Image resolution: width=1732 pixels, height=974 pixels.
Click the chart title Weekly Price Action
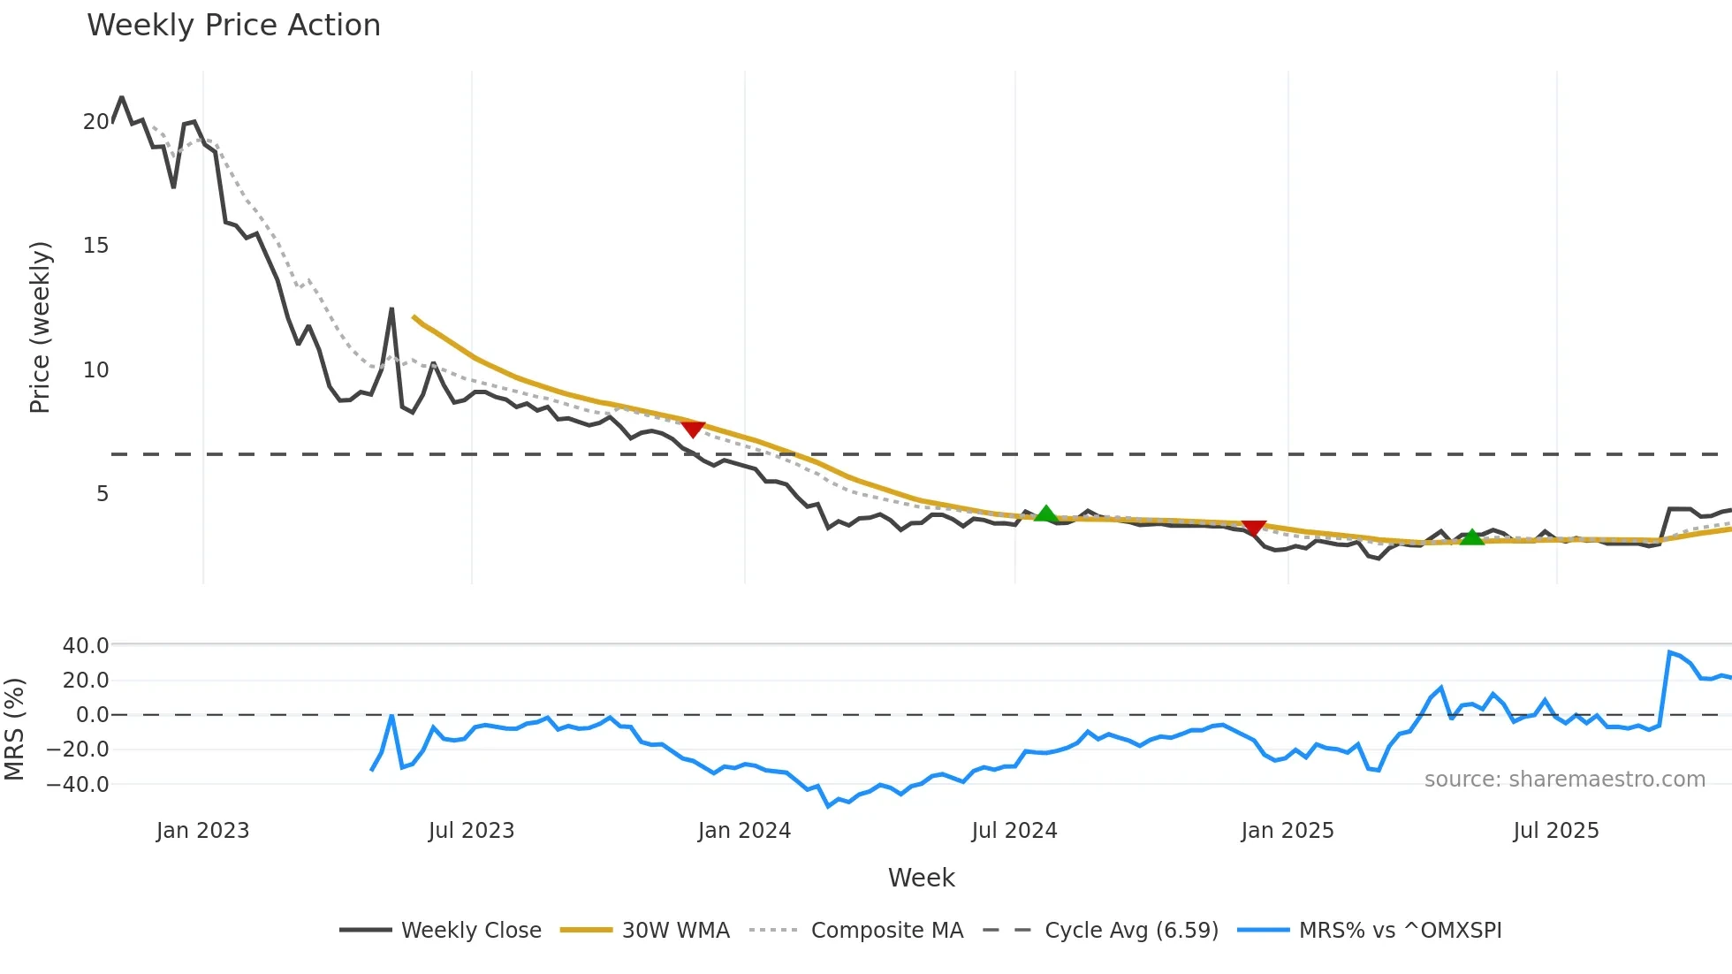pyautogui.click(x=233, y=26)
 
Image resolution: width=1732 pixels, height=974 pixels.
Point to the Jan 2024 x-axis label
pyautogui.click(x=744, y=831)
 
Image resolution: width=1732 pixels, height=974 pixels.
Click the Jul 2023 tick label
pyautogui.click(x=471, y=831)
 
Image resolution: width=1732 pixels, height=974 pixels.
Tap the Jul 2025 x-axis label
pyautogui.click(x=1556, y=831)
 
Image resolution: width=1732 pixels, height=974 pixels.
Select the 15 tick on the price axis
pyautogui.click(x=96, y=246)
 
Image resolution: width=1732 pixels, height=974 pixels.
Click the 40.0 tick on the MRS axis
pyautogui.click(x=86, y=646)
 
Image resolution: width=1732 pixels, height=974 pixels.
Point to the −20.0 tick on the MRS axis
pyautogui.click(x=79, y=750)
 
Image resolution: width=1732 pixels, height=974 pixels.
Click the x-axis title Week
pyautogui.click(x=921, y=878)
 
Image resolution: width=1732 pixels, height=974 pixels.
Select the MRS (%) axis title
pyautogui.click(x=14, y=729)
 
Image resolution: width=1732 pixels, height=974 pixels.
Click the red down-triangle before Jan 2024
pyautogui.click(x=693, y=430)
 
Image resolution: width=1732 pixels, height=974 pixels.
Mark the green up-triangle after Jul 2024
pyautogui.click(x=1045, y=514)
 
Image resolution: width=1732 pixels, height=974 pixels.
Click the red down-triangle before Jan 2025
pyautogui.click(x=1254, y=528)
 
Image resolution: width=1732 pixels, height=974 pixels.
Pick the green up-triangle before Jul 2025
pyautogui.click(x=1471, y=536)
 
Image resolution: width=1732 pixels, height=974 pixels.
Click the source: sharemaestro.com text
pyautogui.click(x=1564, y=780)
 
